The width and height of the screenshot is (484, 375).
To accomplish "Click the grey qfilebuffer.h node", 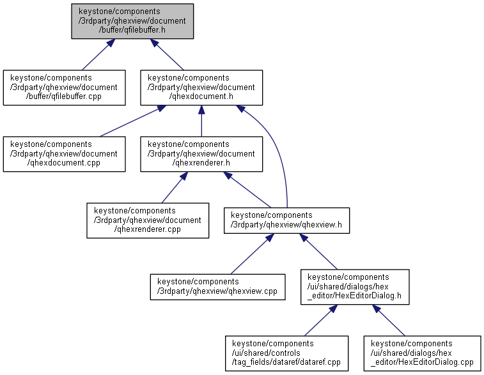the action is tap(132, 21).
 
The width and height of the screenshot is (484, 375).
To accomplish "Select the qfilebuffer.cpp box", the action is tap(64, 88).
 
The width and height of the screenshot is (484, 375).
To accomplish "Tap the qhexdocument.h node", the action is tap(201, 88).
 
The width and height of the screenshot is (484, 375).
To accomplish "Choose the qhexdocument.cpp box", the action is tap(64, 154).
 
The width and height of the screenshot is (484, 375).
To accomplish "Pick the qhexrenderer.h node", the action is tap(201, 154).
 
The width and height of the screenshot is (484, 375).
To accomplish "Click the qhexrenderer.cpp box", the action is tap(148, 220).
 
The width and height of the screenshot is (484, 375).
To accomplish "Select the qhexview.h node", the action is tap(287, 220).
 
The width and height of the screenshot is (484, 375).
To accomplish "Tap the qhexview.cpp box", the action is tap(217, 287).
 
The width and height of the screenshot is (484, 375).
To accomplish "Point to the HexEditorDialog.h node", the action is tap(355, 287).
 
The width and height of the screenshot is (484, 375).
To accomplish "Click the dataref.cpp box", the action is tap(287, 353).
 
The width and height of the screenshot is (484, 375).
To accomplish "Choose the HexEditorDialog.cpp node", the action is tap(422, 353).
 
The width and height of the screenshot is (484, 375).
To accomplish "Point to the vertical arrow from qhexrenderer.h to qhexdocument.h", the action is tap(201, 121).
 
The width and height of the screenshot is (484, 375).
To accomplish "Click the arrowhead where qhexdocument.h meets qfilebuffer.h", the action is tap(154, 43).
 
